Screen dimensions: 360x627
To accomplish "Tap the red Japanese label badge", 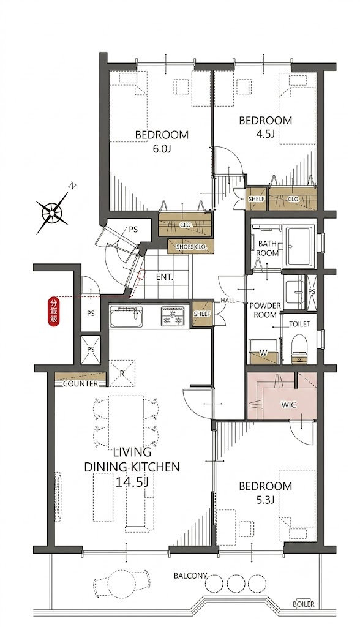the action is (x=53, y=312).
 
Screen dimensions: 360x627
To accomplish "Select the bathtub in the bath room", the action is (x=299, y=247).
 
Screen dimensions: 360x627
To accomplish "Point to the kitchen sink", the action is (x=126, y=317).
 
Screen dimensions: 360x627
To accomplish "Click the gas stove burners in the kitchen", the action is (x=173, y=316).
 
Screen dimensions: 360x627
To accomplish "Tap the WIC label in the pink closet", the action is (x=288, y=405).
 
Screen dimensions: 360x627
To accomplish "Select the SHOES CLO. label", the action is (x=191, y=247).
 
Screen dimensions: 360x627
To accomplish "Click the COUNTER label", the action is (x=80, y=384).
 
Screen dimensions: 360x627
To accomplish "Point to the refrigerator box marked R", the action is (x=122, y=374).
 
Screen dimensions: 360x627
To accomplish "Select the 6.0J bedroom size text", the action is (x=162, y=149).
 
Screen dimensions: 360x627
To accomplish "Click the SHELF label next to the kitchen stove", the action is (x=201, y=314).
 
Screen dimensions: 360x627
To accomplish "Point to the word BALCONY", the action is (x=190, y=576).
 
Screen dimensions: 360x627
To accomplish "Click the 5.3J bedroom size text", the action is (x=265, y=500).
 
